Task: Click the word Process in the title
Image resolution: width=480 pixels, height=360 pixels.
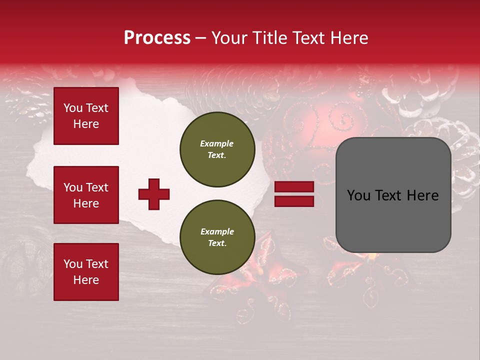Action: click(x=157, y=38)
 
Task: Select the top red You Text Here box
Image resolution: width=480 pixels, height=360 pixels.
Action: click(x=86, y=116)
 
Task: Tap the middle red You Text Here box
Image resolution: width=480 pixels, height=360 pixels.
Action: click(x=86, y=195)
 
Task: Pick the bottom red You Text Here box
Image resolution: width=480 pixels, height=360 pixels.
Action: click(x=86, y=271)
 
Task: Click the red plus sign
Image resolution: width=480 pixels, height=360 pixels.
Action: click(x=153, y=194)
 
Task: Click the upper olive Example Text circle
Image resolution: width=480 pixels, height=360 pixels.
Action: click(x=217, y=149)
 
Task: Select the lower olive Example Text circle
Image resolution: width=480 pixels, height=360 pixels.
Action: click(x=217, y=237)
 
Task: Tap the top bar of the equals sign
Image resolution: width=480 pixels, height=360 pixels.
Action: click(x=294, y=187)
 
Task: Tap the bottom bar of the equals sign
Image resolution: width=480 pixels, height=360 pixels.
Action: click(x=294, y=201)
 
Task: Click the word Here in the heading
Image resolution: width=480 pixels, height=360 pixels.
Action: click(x=349, y=38)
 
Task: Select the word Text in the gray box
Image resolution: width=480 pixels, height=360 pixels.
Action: click(x=392, y=195)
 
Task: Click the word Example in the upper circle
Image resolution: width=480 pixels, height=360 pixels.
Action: click(x=217, y=143)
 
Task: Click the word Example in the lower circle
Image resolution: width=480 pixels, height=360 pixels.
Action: click(x=217, y=231)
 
